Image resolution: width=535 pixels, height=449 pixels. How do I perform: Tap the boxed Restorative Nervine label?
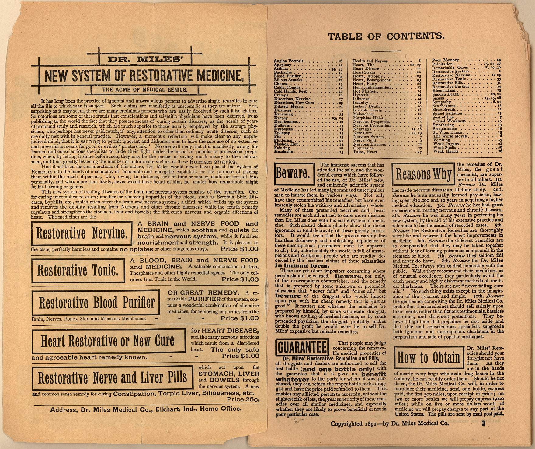(81, 233)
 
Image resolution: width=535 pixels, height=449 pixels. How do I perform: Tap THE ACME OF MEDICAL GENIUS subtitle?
(144, 90)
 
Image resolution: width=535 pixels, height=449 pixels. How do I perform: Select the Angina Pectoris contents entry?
(290, 61)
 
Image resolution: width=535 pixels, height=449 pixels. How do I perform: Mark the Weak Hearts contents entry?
(446, 151)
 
